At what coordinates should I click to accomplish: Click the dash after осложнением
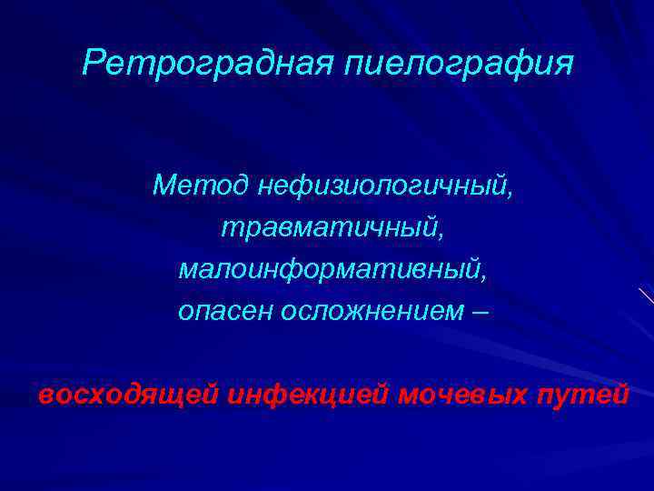tap(480, 312)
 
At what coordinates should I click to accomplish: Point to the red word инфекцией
tap(307, 396)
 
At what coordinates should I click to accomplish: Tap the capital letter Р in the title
tap(92, 63)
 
